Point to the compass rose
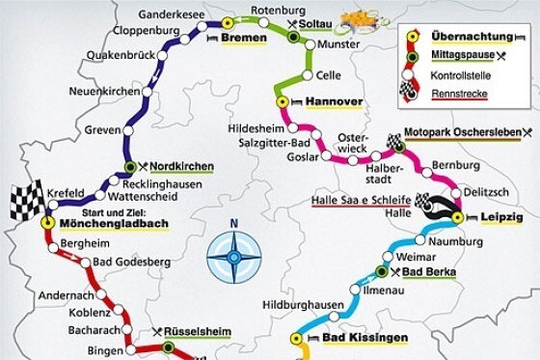pos(232,257)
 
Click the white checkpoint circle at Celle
pos(308,75)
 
